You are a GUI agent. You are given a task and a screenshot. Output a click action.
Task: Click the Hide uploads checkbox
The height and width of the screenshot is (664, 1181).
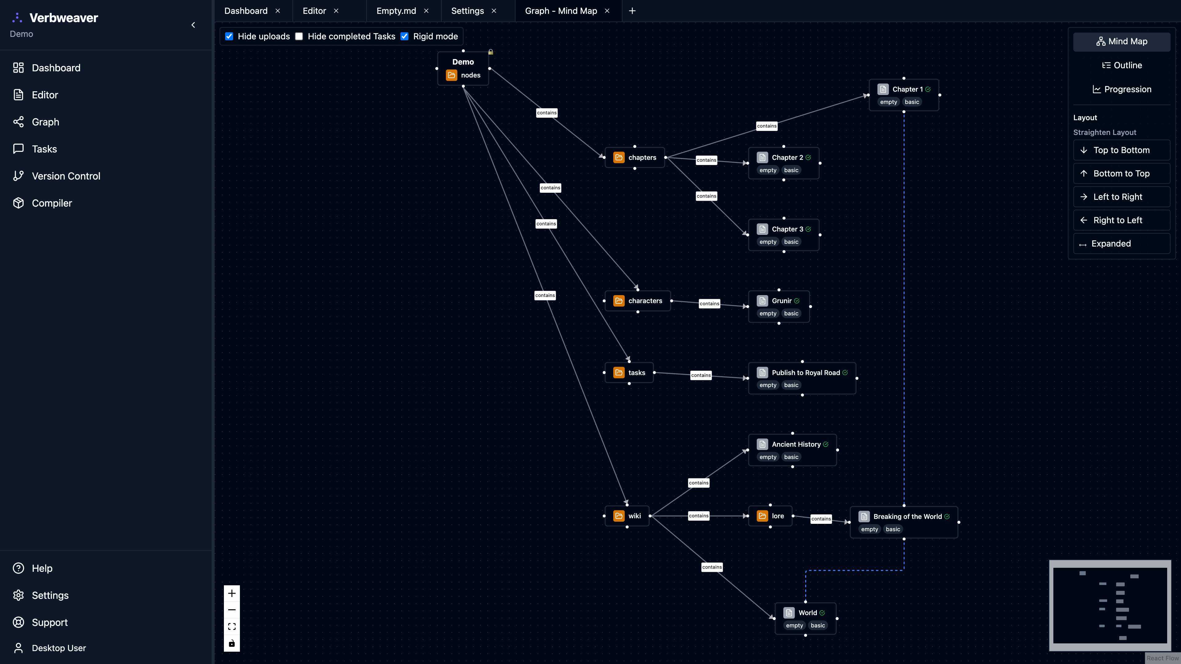(229, 36)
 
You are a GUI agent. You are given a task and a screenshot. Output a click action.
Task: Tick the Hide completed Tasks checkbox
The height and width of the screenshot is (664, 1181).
(299, 36)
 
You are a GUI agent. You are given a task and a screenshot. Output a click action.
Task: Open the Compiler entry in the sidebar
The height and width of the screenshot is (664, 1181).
(51, 203)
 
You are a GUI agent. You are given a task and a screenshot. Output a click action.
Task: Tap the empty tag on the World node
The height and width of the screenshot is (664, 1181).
(794, 626)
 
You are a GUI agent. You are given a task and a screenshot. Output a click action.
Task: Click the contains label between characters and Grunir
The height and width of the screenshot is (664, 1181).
(709, 304)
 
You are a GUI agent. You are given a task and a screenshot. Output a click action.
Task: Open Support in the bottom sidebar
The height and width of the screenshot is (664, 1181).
(50, 622)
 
